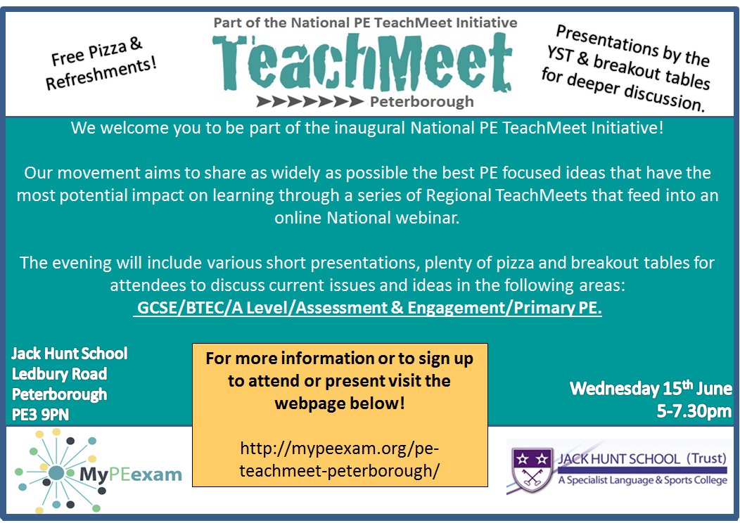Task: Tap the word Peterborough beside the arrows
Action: pos(421,102)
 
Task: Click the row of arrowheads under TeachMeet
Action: pos(310,102)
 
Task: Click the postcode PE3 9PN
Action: pos(40,415)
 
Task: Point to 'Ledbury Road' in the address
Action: pos(59,373)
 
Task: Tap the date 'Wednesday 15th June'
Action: pos(651,388)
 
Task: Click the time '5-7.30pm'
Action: pos(694,411)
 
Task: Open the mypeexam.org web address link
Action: pos(340,459)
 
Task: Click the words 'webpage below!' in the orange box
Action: pos(340,405)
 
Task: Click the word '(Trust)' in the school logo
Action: pos(705,459)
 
